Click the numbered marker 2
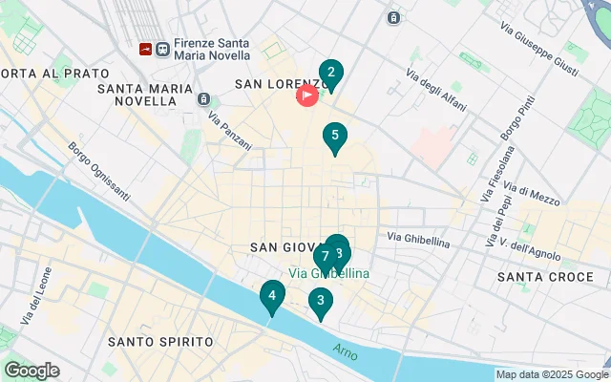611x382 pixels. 330,74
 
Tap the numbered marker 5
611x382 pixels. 334,137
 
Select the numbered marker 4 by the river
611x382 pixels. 272,297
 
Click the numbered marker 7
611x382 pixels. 326,257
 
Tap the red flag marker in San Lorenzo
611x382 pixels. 307,95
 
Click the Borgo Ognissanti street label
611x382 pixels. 98,172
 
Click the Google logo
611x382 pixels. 32,371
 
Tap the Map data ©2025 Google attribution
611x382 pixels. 552,374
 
